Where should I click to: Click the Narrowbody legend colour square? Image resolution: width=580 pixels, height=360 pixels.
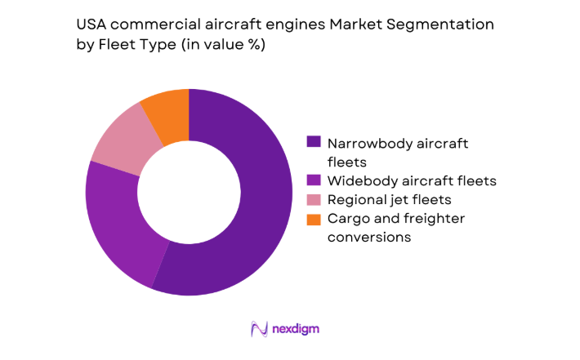pyautogui.click(x=313, y=142)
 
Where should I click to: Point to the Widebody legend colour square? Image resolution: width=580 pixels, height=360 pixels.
pyautogui.click(x=313, y=180)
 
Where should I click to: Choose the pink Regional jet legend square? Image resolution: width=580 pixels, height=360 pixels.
pyautogui.click(x=313, y=199)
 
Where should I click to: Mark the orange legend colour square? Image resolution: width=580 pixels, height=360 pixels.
pyautogui.click(x=313, y=218)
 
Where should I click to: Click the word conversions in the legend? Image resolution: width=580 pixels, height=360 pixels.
pyautogui.click(x=368, y=237)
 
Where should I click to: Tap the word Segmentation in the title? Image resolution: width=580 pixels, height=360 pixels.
pyautogui.click(x=447, y=24)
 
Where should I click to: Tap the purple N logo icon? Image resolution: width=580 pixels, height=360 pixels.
pyautogui.click(x=260, y=329)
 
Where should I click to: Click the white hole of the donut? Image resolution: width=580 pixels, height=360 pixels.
pyautogui.click(x=188, y=193)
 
